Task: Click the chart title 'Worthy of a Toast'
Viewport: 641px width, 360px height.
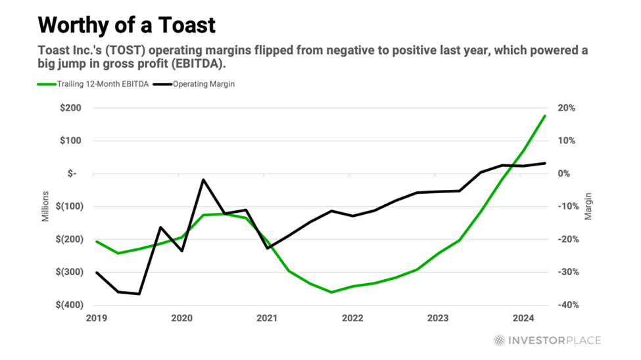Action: [127, 26]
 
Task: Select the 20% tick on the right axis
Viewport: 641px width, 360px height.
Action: [567, 108]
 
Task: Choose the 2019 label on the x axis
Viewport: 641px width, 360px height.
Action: [96, 319]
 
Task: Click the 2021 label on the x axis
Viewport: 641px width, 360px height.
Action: [267, 319]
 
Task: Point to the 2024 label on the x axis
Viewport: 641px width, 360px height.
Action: [523, 319]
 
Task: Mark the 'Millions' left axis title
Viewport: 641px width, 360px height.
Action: [46, 206]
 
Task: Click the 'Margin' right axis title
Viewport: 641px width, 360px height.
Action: [589, 206]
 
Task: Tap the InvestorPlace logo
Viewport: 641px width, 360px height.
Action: [547, 340]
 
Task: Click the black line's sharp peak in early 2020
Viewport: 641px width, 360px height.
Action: [203, 179]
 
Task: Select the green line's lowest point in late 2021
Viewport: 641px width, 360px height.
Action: [331, 292]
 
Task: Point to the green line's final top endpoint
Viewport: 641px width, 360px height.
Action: [545, 116]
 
